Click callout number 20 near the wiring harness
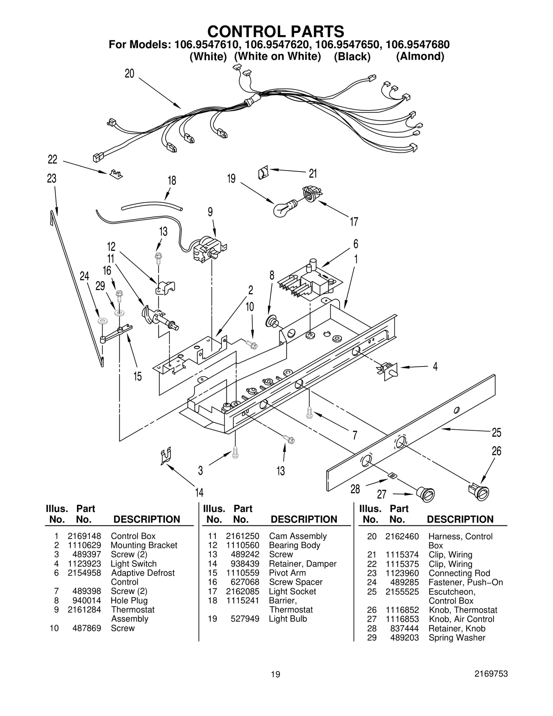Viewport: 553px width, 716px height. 130,74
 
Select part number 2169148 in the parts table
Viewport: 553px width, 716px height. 84,536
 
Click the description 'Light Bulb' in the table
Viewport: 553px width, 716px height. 288,619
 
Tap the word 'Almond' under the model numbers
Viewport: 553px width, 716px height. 420,56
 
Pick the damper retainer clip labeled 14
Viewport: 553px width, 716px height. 166,457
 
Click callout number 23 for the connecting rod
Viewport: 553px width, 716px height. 51,179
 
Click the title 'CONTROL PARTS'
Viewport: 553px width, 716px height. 275,31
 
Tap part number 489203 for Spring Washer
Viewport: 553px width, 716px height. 404,638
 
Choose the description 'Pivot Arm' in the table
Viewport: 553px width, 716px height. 287,573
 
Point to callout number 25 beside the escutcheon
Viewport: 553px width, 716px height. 496,433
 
